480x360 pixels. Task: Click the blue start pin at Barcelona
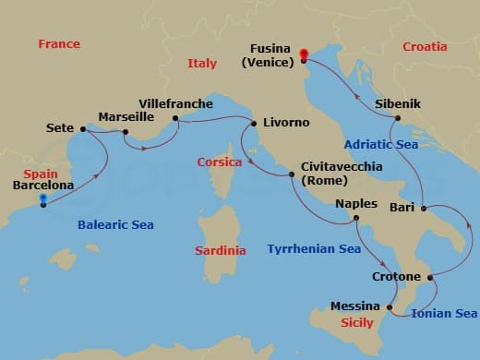coord(42,199)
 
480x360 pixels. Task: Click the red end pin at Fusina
coord(304,54)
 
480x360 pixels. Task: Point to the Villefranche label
coord(175,103)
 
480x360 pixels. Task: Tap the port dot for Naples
coord(356,218)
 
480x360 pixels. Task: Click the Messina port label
coord(355,306)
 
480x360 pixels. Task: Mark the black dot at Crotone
coord(430,276)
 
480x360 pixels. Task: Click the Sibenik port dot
coord(398,118)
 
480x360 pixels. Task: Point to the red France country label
coord(59,43)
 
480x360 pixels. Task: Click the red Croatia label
coord(425,46)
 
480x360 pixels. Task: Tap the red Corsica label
coord(220,162)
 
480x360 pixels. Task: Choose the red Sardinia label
coord(221,250)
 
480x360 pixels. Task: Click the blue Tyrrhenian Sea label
coord(313,248)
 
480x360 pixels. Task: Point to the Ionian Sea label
coord(445,313)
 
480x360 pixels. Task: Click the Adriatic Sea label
coord(382,144)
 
